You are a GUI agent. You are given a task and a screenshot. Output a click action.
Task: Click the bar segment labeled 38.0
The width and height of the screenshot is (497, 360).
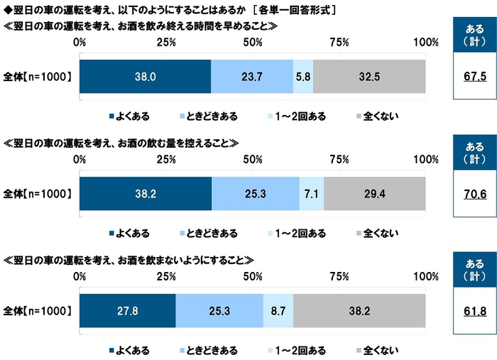145,77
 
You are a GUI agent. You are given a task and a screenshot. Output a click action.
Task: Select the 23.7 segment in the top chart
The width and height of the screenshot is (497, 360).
252,77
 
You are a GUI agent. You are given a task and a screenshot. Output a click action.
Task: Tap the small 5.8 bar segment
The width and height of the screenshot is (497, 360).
303,77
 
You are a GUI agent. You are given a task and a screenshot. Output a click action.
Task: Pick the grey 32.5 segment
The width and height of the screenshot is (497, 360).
369,77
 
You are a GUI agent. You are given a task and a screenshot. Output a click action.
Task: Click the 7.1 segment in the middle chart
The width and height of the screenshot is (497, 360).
312,193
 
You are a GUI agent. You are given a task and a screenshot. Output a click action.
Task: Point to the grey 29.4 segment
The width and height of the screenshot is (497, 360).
375,193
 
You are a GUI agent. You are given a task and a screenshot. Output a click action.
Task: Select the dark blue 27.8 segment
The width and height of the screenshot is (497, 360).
127,311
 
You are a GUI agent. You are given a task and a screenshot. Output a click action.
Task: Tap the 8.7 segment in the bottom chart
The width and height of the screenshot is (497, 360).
278,311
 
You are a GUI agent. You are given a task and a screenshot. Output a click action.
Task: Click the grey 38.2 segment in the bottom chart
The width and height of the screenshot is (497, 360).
359,311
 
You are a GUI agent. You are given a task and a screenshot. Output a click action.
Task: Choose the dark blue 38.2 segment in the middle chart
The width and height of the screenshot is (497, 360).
146,193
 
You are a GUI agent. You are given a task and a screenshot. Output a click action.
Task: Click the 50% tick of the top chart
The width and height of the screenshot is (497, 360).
253,42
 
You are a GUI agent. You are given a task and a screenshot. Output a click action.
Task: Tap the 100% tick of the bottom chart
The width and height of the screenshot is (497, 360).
426,276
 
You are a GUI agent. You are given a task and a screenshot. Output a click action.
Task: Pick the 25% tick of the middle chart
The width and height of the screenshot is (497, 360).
166,158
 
